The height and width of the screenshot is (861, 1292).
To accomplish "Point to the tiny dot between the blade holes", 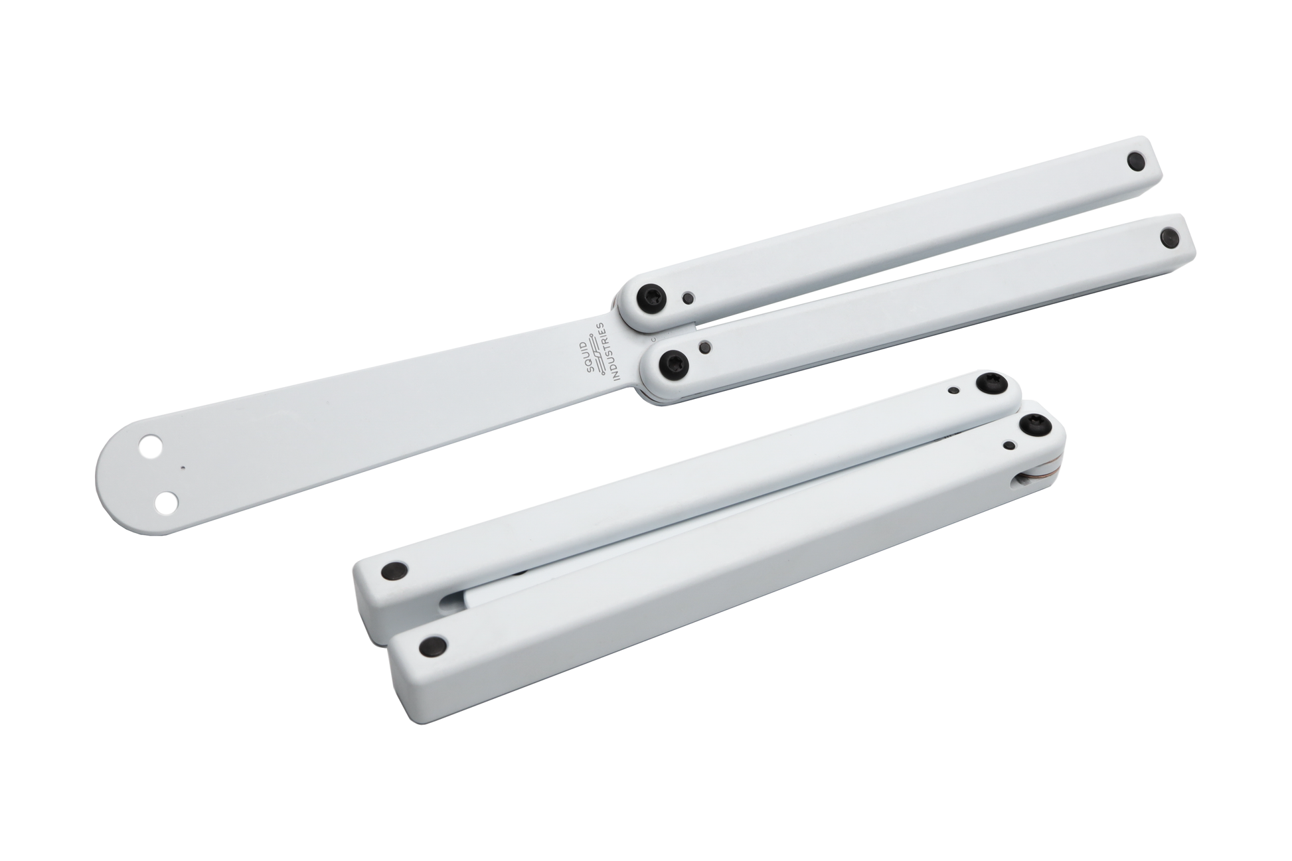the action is click(x=181, y=466).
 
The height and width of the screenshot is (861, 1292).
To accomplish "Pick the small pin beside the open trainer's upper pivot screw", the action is click(x=689, y=297).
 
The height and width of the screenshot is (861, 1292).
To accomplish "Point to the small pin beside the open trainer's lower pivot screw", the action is click(x=707, y=346).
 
